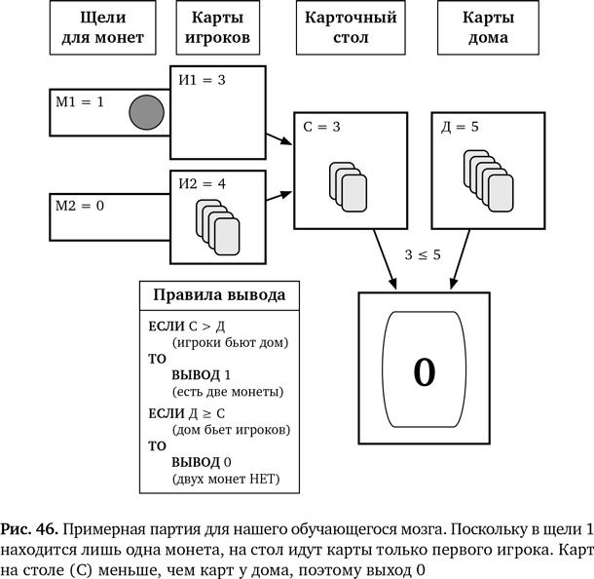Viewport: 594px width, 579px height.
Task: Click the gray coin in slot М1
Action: pyautogui.click(x=145, y=113)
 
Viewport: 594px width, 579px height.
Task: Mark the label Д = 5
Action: pyautogui.click(x=462, y=127)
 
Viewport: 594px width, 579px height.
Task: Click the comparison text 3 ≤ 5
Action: pyautogui.click(x=423, y=254)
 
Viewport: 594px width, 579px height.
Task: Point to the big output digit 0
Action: pyautogui.click(x=424, y=370)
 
